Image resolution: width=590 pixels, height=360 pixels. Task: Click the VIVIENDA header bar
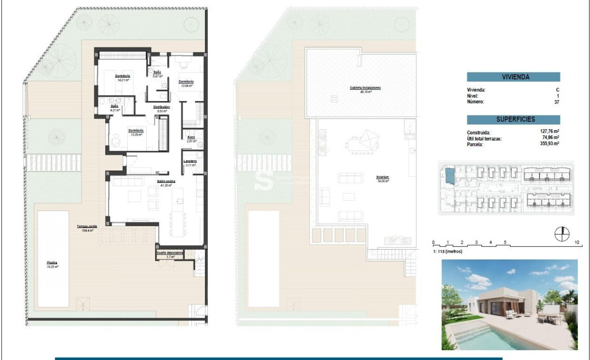(x=513, y=77)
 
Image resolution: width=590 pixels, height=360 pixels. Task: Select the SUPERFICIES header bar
(x=513, y=119)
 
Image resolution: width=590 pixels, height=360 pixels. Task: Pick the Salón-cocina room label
(x=166, y=181)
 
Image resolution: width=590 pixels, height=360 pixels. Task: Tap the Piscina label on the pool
(x=52, y=263)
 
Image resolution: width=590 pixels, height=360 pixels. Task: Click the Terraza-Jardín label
(x=87, y=227)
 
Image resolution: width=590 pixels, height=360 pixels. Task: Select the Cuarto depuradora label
(x=170, y=253)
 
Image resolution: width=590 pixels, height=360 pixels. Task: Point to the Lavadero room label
(x=190, y=161)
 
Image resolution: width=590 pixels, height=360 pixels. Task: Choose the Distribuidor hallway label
(x=161, y=107)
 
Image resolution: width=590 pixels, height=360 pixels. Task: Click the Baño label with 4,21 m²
(x=115, y=106)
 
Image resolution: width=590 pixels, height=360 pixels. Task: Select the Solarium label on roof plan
(x=382, y=177)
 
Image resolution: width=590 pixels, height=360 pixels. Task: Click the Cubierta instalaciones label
(x=365, y=88)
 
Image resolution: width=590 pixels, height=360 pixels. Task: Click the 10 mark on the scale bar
(x=577, y=243)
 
